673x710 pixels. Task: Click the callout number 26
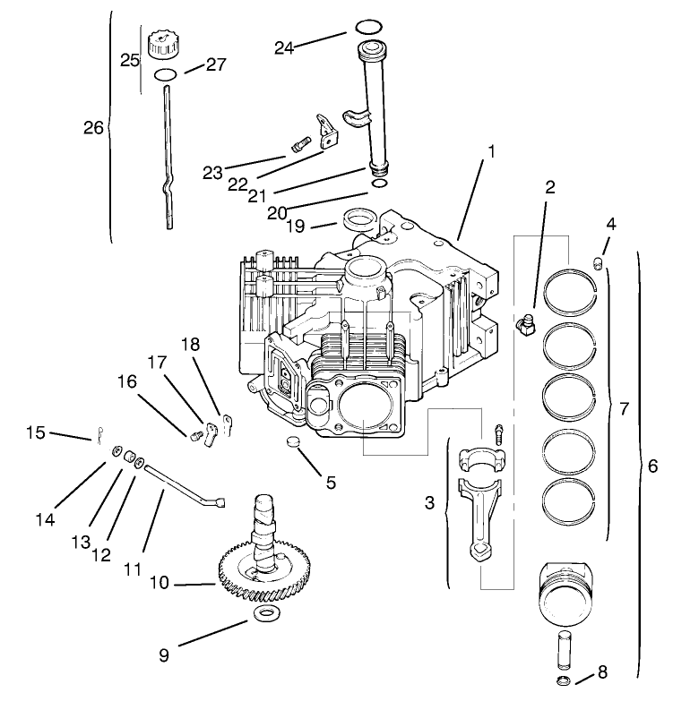94,128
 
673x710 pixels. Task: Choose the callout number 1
490,153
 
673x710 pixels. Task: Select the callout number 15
35,432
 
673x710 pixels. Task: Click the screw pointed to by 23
299,142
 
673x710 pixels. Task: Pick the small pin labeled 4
598,261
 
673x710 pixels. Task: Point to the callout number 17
157,363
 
